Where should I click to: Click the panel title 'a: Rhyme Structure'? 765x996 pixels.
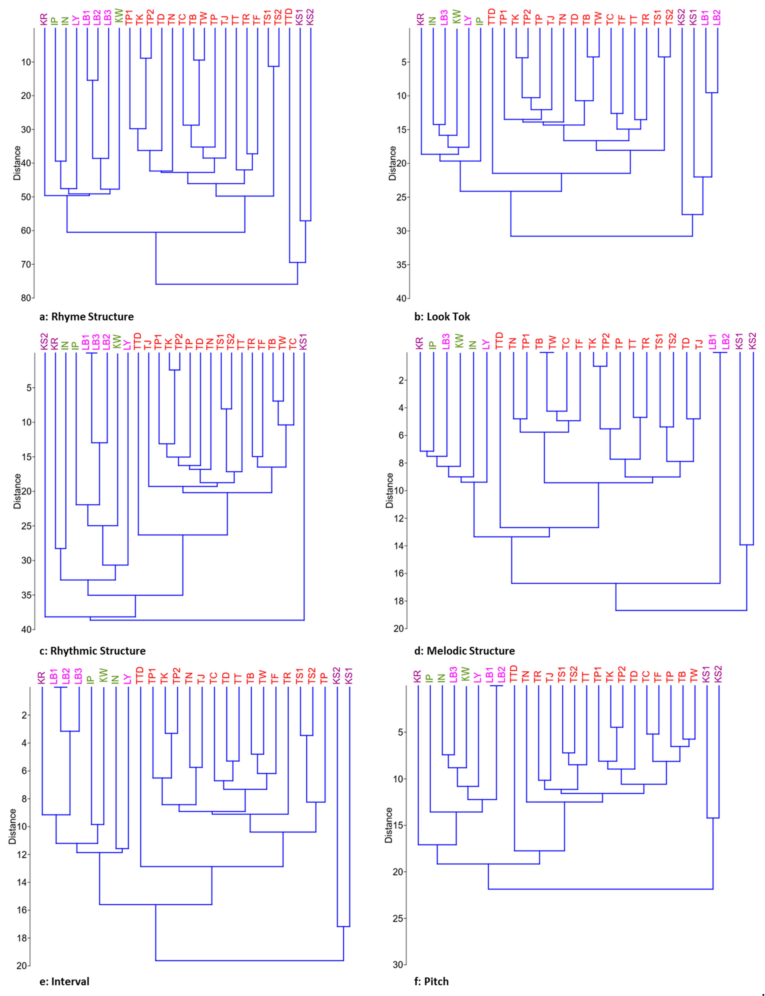87,316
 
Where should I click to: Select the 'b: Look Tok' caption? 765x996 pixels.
442,316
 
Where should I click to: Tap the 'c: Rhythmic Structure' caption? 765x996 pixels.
92,651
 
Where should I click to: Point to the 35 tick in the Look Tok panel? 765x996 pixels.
401,265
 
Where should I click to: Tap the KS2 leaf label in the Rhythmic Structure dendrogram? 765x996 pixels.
44,343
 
